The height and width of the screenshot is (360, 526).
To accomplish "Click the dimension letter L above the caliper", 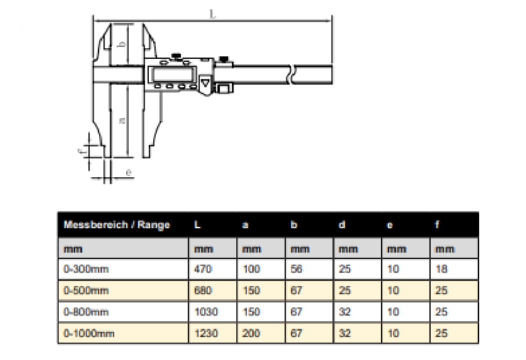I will (x=213, y=14).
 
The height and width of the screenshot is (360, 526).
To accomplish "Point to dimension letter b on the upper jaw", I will (x=121, y=44).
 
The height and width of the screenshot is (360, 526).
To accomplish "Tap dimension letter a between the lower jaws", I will (x=122, y=120).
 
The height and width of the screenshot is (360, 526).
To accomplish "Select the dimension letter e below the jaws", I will (x=128, y=172).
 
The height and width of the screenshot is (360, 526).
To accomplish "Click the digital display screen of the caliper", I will (x=174, y=74).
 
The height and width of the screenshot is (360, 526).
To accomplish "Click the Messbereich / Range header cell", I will (x=117, y=225).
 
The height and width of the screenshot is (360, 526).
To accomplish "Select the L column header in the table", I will (x=197, y=225).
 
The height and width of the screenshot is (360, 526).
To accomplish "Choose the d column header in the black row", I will (x=342, y=225).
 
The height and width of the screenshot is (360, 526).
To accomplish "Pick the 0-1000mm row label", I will (x=88, y=333).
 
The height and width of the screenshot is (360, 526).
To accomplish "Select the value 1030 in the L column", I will (x=206, y=312).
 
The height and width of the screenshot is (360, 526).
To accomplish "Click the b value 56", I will (x=297, y=269).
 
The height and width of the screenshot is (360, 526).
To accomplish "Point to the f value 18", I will (x=441, y=269).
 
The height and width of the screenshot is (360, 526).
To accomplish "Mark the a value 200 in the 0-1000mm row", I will (x=251, y=333).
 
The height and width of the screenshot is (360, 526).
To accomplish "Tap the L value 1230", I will (x=206, y=333).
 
